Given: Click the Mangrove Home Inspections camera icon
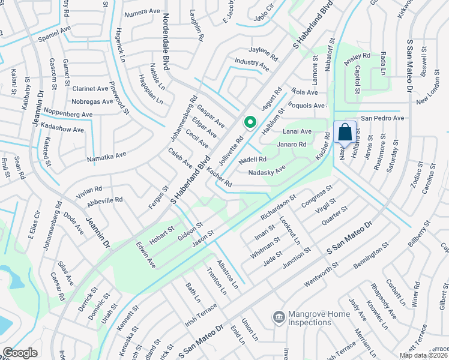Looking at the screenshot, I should click(279, 316).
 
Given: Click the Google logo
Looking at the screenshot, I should click(20, 352).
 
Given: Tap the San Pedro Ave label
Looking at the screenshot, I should click(382, 118).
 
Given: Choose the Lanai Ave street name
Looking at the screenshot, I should click(298, 131).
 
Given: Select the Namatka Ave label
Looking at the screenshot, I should click(106, 157).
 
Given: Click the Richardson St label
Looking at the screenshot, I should click(279, 206).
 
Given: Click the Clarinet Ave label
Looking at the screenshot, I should click(90, 88).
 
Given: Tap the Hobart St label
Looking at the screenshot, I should click(161, 235).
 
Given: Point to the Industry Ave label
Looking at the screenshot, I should click(252, 61).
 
